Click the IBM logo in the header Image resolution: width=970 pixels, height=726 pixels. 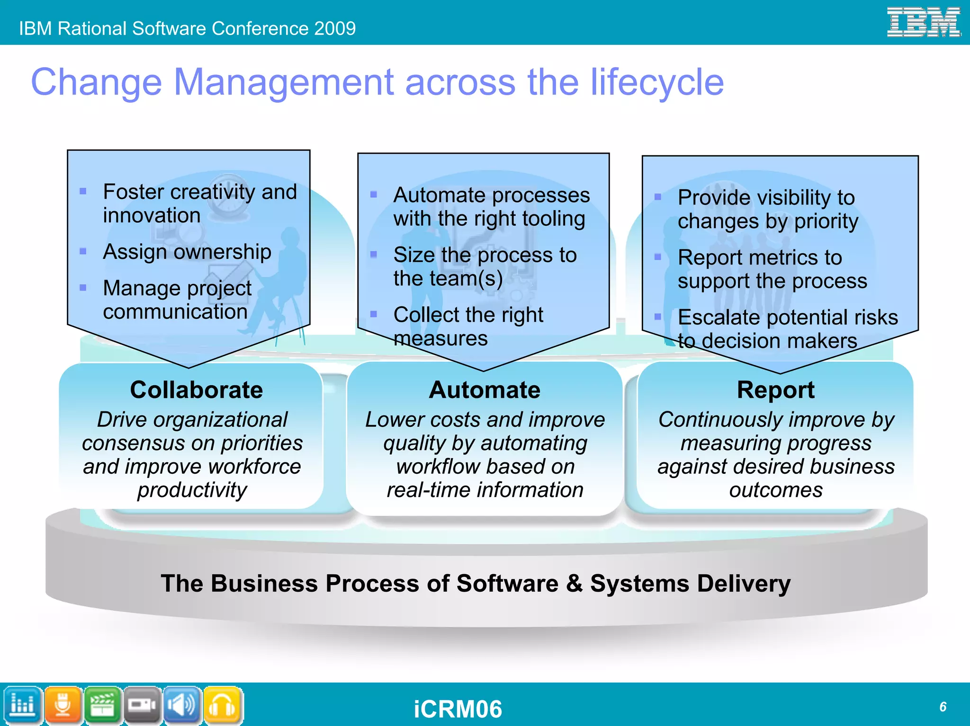click(x=923, y=22)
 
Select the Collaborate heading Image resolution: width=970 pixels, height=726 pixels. click(x=196, y=390)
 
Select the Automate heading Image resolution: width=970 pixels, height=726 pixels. click(x=485, y=390)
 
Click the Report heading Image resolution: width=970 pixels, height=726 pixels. click(x=775, y=390)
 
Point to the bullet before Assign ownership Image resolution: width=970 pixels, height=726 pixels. click(x=83, y=251)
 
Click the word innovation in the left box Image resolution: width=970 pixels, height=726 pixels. click(x=152, y=216)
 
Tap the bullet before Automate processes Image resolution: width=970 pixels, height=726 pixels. click(x=374, y=195)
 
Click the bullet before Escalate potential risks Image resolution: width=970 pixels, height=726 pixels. click(x=658, y=317)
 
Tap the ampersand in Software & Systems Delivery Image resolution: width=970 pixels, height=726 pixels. click(x=574, y=583)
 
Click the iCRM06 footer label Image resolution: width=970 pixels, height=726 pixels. click(x=458, y=709)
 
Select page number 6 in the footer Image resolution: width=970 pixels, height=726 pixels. click(x=943, y=707)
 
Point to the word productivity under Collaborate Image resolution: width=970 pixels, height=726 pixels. click(x=192, y=490)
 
